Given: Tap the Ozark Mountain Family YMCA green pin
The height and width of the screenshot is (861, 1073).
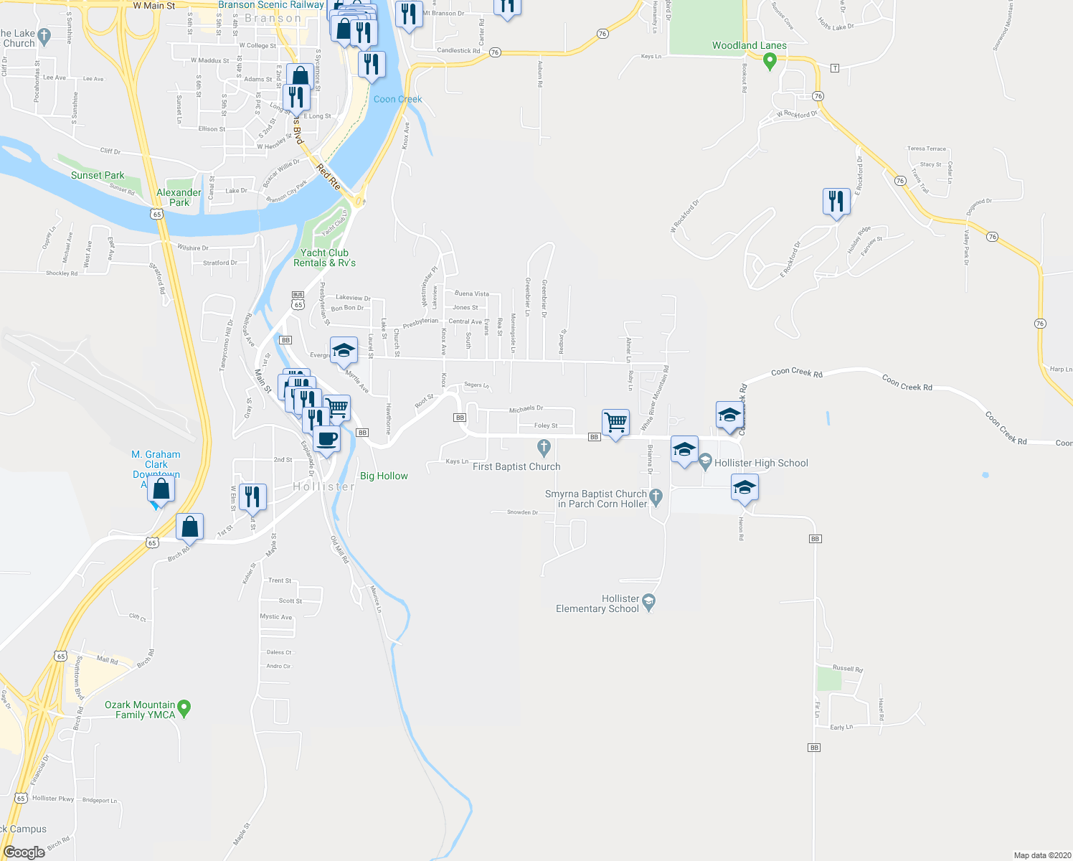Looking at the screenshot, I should (184, 708).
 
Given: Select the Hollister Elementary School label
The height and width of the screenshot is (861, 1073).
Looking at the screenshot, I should (597, 603).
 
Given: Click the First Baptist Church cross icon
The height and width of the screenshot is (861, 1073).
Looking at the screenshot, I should (544, 448).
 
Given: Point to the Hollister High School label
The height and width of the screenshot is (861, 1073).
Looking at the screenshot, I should (761, 463).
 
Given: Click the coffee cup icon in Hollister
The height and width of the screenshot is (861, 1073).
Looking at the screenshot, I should (326, 438).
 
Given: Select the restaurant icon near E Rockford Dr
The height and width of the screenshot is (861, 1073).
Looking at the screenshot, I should (836, 201).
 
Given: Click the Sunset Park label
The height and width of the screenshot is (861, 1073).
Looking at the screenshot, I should (98, 175).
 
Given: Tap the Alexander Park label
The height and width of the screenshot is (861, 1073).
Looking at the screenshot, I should (179, 197).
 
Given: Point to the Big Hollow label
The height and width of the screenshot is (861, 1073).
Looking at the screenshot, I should (384, 476).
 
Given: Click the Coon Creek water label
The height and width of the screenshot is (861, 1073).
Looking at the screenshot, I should (397, 99).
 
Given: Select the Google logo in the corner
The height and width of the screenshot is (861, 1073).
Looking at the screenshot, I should (24, 852).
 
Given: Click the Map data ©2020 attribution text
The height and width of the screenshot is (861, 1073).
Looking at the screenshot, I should (1040, 855).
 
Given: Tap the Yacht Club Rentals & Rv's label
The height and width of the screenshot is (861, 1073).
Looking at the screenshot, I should (324, 258).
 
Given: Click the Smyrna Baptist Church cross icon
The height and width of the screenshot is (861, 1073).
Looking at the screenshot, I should (656, 495).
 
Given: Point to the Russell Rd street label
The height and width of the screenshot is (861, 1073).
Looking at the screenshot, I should (848, 669).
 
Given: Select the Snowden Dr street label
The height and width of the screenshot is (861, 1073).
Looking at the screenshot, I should (522, 512).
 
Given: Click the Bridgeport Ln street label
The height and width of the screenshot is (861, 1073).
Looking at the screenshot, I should (100, 800).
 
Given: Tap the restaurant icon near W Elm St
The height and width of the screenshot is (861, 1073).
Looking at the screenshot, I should (252, 497).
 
